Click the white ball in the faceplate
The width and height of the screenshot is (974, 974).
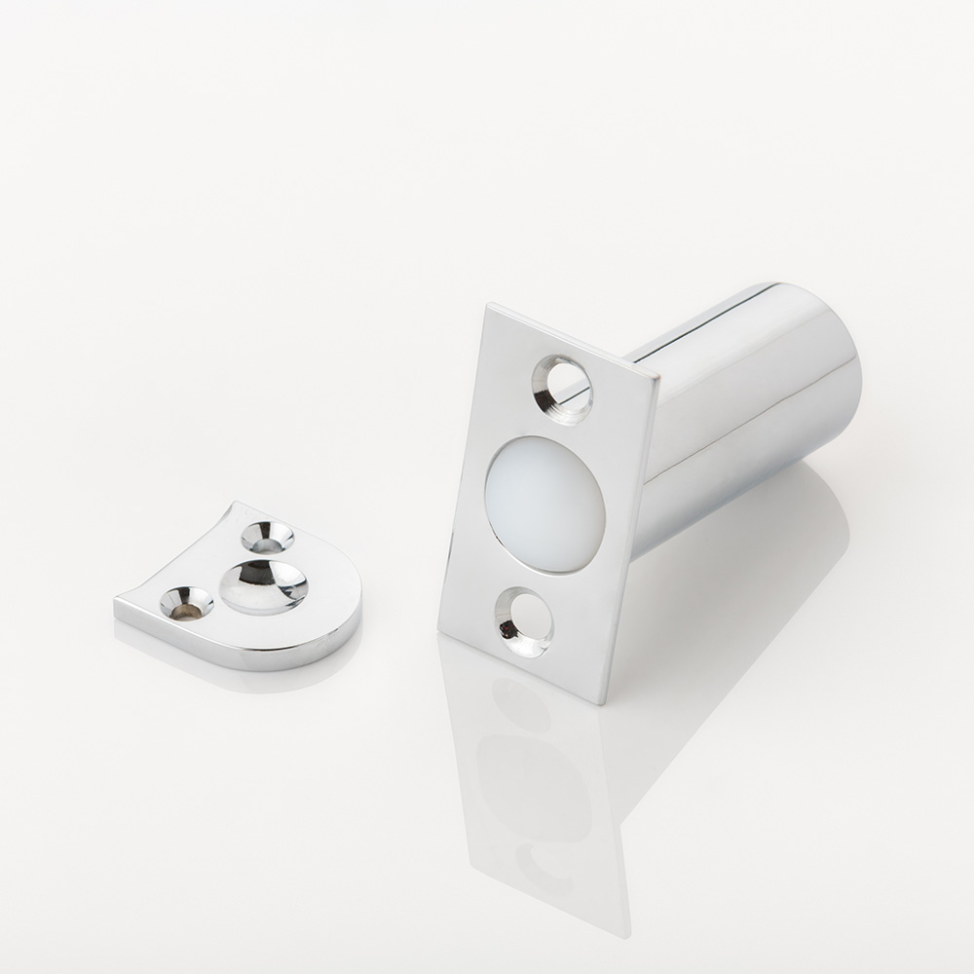[x=544, y=504]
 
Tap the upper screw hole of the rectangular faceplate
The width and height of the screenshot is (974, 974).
[x=563, y=388]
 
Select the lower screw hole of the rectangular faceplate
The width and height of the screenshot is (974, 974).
[x=524, y=621]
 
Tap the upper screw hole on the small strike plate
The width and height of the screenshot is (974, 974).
[x=267, y=536]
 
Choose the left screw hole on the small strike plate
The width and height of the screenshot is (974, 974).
[x=186, y=603]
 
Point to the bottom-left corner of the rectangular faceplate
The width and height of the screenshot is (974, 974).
[x=440, y=631]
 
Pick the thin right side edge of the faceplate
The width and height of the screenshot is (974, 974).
[x=633, y=536]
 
